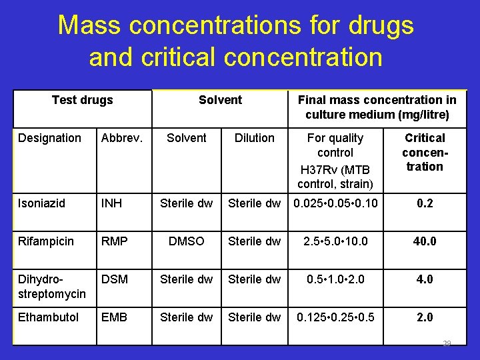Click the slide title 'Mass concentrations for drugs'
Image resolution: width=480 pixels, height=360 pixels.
235,25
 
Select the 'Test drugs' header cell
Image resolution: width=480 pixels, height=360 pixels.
82,101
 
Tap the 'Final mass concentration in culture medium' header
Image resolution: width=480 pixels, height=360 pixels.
377,107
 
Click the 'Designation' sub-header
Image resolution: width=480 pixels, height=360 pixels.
49,138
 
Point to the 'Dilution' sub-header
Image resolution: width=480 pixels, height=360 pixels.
254,138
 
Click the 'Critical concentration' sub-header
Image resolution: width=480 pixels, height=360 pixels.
425,152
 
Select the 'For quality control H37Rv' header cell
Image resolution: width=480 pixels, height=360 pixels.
335,160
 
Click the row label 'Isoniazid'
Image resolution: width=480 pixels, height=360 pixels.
41,203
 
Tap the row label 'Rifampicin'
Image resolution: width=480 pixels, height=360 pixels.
44,241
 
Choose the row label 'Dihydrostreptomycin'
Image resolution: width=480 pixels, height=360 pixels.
51,286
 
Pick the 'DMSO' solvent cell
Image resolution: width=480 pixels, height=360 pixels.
186,241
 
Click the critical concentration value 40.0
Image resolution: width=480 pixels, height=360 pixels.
425,241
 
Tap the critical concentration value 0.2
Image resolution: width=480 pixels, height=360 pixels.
425,203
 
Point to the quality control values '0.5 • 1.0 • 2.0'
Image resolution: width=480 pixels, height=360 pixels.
335,279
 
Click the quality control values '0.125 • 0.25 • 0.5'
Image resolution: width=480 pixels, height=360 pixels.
335,317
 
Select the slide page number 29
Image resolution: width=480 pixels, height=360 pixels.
447,344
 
